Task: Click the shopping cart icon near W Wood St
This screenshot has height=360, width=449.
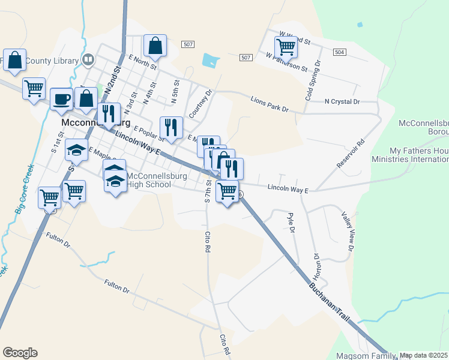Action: click(x=286, y=46)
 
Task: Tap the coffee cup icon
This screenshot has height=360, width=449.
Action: click(x=62, y=98)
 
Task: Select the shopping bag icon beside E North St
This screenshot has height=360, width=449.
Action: click(x=155, y=45)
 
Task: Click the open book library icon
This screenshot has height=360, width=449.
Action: click(x=88, y=60)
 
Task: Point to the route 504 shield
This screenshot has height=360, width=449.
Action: click(x=340, y=52)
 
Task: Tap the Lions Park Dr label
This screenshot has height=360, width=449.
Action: click(x=270, y=103)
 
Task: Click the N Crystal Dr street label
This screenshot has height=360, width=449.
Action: click(x=342, y=102)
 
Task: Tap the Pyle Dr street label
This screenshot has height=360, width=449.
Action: click(x=292, y=223)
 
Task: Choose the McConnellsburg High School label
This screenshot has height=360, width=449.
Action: click(x=149, y=180)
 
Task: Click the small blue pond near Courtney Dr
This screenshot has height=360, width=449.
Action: click(x=211, y=60)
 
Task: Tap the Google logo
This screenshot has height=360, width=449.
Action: click(x=20, y=353)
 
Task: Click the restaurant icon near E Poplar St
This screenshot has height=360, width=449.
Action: click(x=172, y=127)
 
